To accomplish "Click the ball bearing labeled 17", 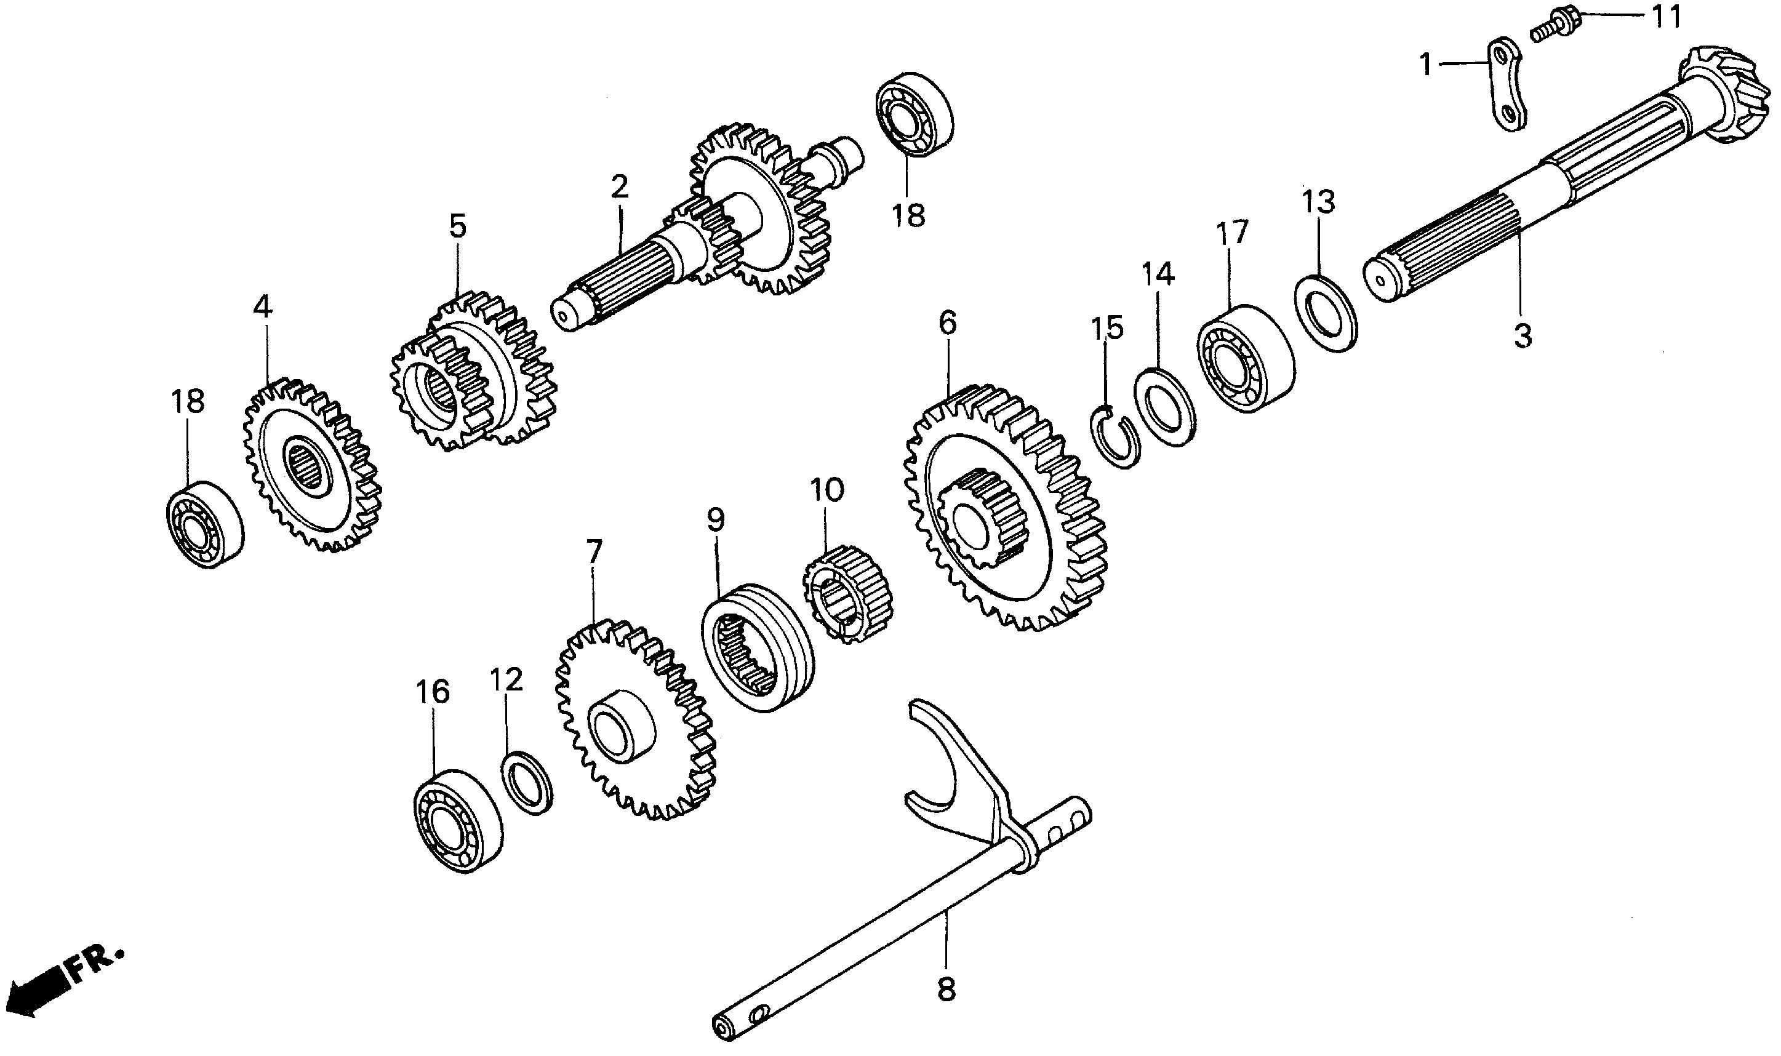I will point(1245,360).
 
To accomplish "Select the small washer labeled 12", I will point(527,780).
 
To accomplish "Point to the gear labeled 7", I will point(634,719).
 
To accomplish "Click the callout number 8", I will point(946,989).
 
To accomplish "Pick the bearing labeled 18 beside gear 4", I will point(204,524).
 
